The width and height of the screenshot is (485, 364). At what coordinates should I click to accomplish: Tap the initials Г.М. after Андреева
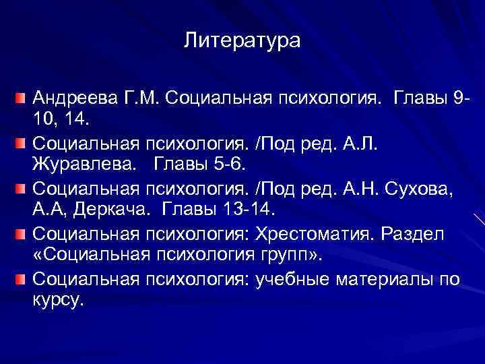tap(139, 100)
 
